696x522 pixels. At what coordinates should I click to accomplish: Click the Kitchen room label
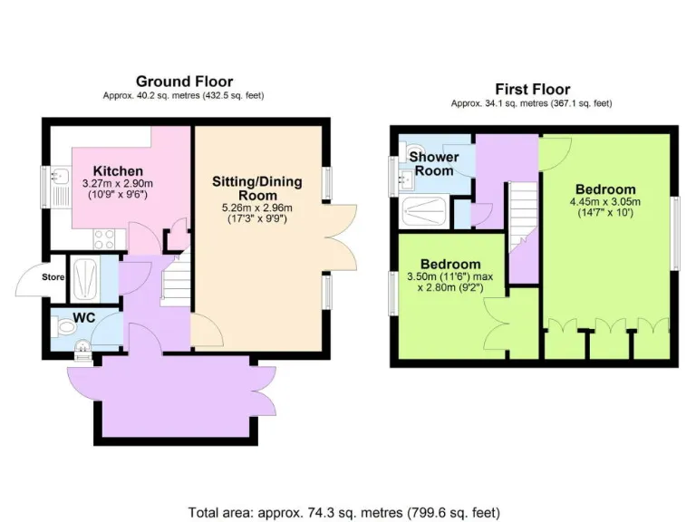coord(118,170)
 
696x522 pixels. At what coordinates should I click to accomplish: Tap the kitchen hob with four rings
coord(104,239)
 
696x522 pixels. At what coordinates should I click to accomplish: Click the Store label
coord(53,276)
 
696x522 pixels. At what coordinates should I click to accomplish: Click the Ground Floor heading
coord(184,82)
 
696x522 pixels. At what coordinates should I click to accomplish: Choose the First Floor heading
coord(532,89)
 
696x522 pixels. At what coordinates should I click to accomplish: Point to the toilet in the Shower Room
coord(413,151)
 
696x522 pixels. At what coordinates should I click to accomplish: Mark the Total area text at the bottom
coord(347,511)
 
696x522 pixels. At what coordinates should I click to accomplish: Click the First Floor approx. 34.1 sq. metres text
coord(532,103)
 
